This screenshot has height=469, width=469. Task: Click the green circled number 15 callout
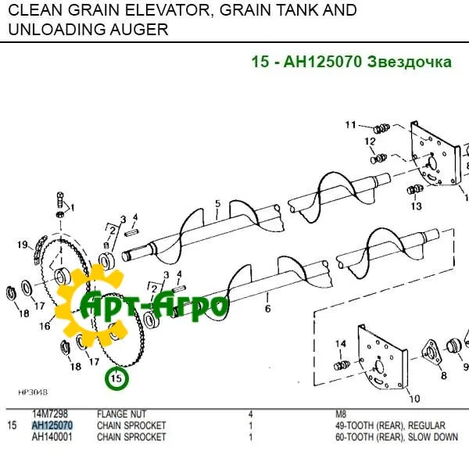116,379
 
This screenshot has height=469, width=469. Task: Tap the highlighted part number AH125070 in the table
52,425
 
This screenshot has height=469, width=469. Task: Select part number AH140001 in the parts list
52,438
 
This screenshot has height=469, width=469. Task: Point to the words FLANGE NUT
120,414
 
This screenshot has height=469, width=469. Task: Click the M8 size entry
340,414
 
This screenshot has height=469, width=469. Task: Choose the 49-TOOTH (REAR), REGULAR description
378,425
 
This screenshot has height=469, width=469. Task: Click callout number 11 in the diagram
351,125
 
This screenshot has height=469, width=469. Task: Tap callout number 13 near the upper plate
416,206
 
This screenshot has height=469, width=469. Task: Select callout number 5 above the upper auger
217,204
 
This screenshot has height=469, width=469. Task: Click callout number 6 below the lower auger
267,310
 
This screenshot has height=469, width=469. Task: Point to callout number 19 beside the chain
23,245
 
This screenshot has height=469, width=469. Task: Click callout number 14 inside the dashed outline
340,344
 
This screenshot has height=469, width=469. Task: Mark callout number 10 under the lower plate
414,399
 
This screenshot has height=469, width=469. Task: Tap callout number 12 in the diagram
370,141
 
